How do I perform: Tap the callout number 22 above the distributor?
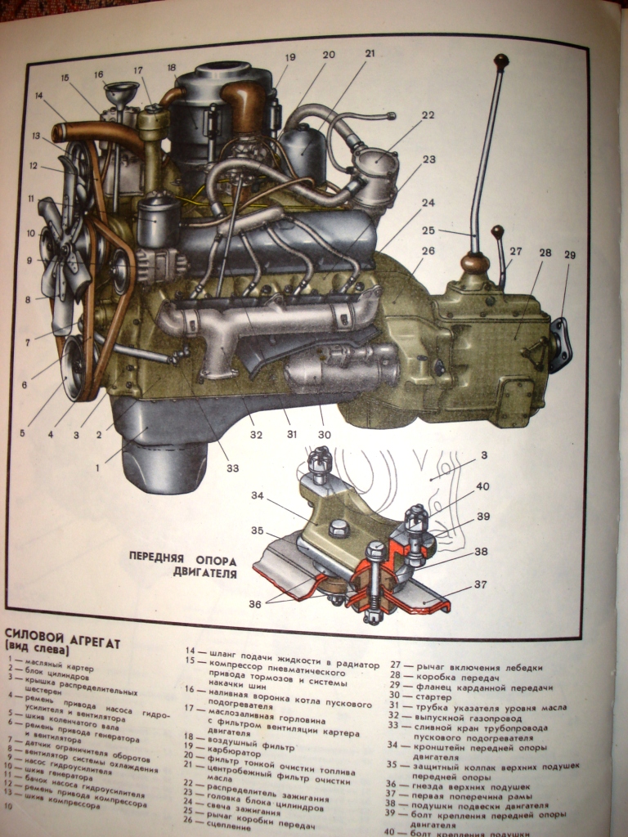click(428, 115)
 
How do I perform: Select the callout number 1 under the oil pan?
click(97, 468)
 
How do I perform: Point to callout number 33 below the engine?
click(234, 468)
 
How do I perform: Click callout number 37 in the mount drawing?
click(481, 584)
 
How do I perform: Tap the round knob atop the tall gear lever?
click(501, 61)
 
